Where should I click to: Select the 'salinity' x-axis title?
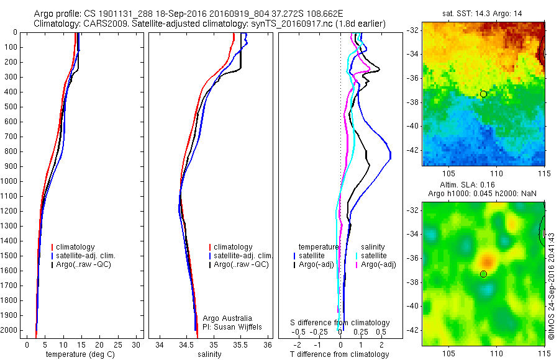pyautogui.click(x=208, y=354)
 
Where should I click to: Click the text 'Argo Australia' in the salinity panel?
pyautogui.click(x=230, y=318)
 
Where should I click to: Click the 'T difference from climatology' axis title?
pyautogui.click(x=339, y=354)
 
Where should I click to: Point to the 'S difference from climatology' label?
pyautogui.click(x=340, y=323)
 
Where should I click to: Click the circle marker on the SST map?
pyautogui.click(x=483, y=94)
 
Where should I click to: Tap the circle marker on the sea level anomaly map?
pyautogui.click(x=483, y=274)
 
